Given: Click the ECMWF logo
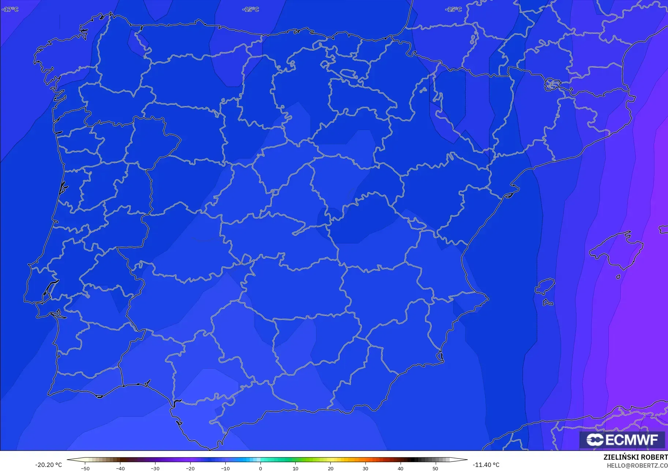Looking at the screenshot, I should pos(622,440).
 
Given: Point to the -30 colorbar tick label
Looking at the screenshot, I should pos(155,468).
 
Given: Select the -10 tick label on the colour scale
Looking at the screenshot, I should pos(225,468).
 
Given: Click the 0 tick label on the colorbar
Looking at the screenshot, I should pos(260,468).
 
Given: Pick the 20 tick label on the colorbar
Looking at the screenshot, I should pos(330,468).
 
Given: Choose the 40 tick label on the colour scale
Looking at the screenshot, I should pos(401,468).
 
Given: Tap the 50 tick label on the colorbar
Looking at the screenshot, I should pos(435,468).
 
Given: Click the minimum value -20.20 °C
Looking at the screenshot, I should pos(49,465).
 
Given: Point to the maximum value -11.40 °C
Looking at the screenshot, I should pos(486,465).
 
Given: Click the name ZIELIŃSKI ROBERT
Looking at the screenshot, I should pos(635,457).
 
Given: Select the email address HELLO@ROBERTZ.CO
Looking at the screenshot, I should pos(637,466).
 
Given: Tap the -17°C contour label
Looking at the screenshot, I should pos(10,9).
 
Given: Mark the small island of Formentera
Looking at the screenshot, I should pos(548,303).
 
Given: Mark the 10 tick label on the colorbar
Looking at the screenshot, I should pos(295,468).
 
